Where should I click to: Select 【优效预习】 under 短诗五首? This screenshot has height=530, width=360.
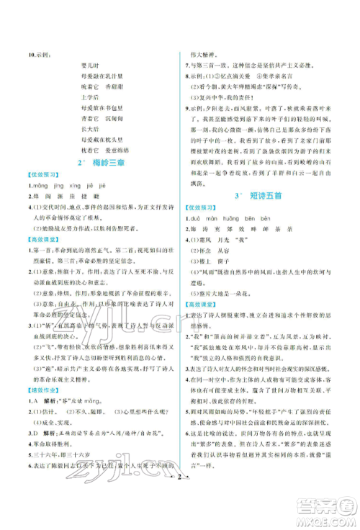coord(202,228)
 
